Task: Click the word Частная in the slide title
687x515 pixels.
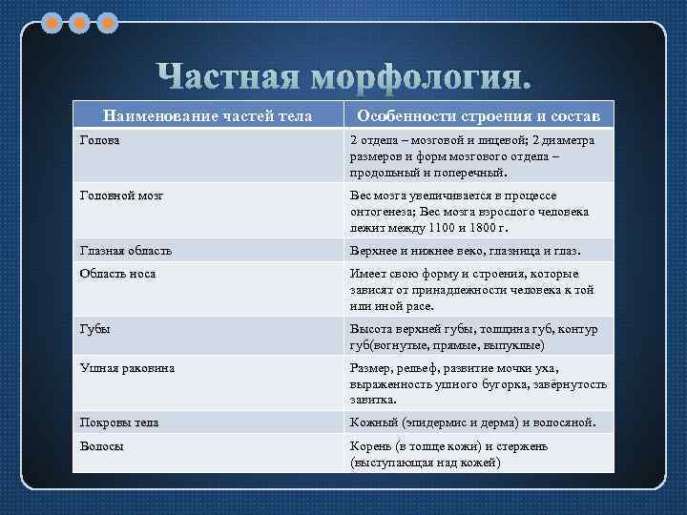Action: (228, 76)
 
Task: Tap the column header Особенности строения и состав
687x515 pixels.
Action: (478, 115)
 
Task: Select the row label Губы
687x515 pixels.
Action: (94, 329)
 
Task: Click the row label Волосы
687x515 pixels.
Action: (100, 445)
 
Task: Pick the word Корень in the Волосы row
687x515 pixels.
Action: (370, 445)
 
